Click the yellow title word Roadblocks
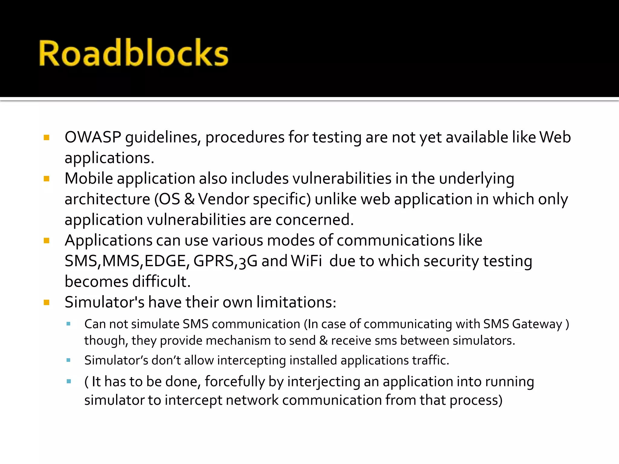click(133, 53)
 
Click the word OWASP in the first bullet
click(92, 137)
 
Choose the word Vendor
click(223, 199)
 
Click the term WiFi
click(306, 261)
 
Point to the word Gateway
click(537, 324)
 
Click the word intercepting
click(251, 360)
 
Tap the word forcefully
click(235, 382)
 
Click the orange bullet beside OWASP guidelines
click(47, 138)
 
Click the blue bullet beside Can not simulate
click(69, 324)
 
